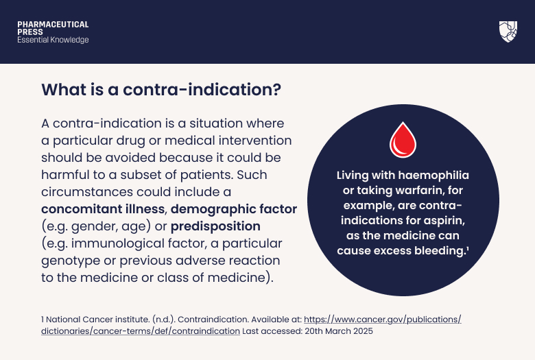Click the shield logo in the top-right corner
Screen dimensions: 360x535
point(508,32)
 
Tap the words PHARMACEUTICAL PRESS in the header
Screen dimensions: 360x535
point(53,28)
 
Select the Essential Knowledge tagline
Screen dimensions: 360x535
point(53,40)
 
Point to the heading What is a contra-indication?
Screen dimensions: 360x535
point(161,90)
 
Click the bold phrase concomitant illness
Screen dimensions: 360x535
point(104,208)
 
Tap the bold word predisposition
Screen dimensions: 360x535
point(215,226)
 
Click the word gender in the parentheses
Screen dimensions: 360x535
point(89,226)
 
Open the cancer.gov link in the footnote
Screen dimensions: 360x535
point(382,320)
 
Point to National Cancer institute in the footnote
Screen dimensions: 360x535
point(86,320)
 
